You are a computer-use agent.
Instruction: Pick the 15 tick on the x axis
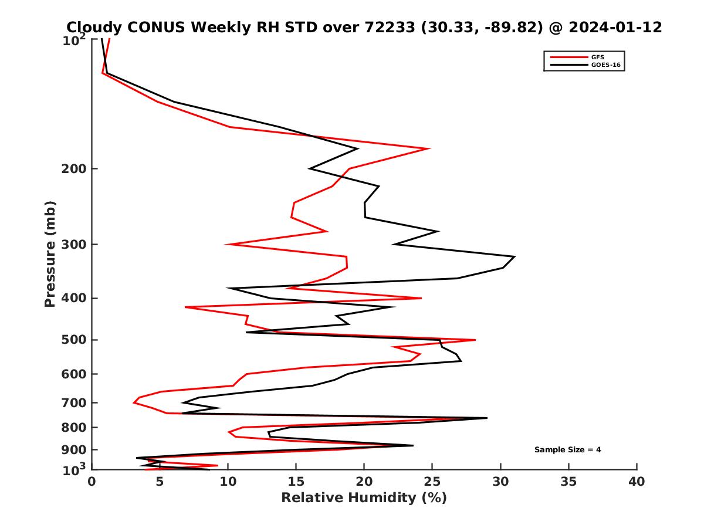(296, 482)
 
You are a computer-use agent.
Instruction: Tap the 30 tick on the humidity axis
(500, 482)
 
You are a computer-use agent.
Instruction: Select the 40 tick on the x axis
(637, 482)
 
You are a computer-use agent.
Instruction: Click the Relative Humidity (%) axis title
(364, 498)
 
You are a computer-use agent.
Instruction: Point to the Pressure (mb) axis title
(50, 253)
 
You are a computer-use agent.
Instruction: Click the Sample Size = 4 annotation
(567, 450)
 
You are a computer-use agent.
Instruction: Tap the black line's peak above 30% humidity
(515, 256)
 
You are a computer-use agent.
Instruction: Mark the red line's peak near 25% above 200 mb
(430, 148)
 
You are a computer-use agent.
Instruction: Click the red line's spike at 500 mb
(475, 340)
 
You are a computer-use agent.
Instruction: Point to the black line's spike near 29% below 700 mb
(487, 418)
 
